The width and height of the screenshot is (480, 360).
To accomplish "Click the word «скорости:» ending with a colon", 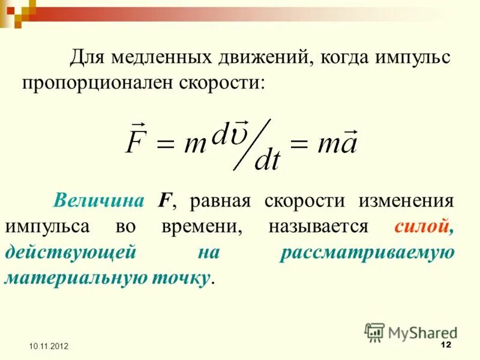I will pyautogui.click(x=221, y=82).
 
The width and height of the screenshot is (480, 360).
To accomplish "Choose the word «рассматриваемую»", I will pyautogui.click(x=367, y=253).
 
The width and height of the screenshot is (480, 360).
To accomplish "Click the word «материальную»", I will pyautogui.click(x=65, y=278).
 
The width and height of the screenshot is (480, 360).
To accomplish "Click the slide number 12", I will pyautogui.click(x=445, y=344).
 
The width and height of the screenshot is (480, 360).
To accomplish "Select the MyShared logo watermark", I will pyautogui.click(x=411, y=332).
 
